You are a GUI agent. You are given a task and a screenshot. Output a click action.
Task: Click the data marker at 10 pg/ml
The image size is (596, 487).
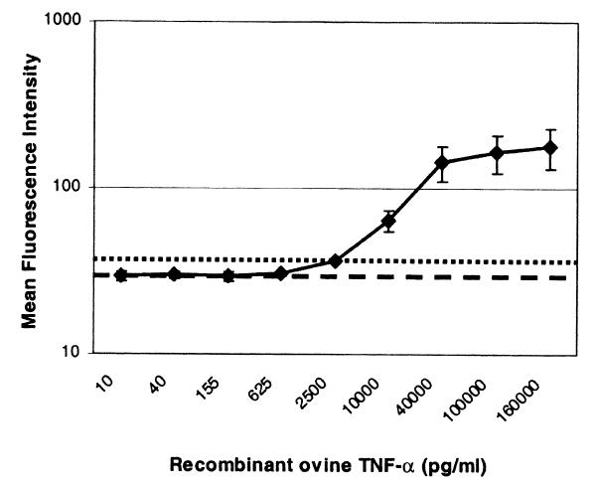(x=121, y=275)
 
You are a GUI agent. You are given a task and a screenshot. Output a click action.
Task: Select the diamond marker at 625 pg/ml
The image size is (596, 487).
(x=281, y=273)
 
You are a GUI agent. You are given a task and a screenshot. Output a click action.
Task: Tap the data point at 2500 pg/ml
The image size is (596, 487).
(x=336, y=261)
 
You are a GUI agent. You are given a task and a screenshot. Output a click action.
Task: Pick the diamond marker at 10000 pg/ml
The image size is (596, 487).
(x=389, y=221)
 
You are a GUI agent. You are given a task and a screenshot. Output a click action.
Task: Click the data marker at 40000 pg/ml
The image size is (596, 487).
(x=443, y=163)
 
